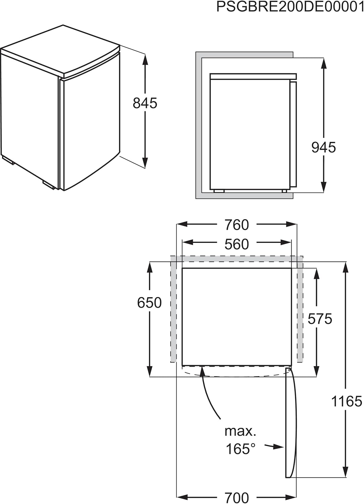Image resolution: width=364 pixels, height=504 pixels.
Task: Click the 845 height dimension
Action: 145,103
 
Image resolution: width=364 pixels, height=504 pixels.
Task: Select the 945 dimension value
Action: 323,148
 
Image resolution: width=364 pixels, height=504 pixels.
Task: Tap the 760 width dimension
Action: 237,225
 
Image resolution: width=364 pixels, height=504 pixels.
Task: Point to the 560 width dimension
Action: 237,244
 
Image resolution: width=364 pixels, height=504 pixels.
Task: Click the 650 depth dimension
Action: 149,303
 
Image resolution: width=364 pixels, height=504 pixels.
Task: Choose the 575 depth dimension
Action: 320,319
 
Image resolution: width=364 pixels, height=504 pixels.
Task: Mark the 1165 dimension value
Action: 347,401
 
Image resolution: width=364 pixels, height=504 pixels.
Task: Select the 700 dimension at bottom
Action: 237,497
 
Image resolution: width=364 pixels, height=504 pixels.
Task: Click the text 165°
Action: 241,449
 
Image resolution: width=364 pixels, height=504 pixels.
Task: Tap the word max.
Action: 240,431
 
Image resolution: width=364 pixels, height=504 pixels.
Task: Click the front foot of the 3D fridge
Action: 49,184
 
